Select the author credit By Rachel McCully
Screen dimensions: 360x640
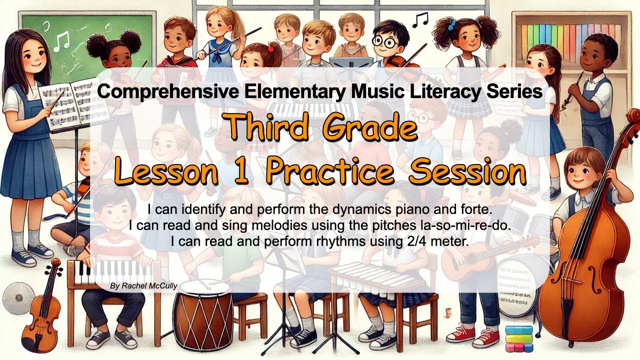click(x=143, y=286)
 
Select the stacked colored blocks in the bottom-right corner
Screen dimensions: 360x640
click(x=518, y=337)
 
